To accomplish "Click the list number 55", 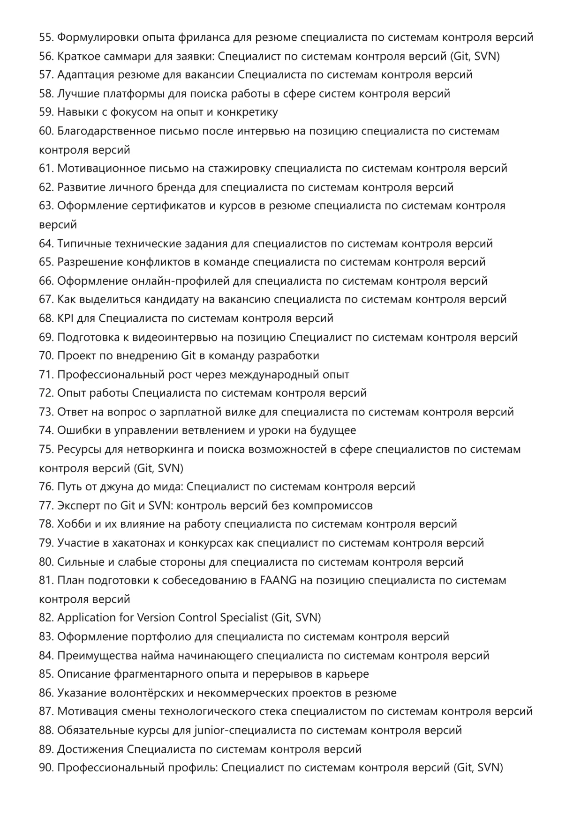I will point(46,37).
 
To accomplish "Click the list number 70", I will point(46,356).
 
